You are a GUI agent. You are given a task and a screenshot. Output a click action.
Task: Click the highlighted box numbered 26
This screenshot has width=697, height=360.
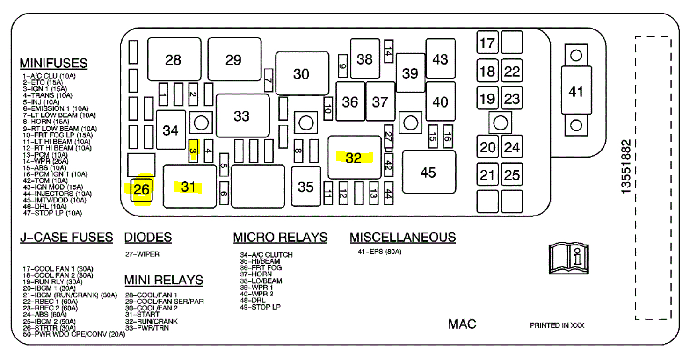[142, 191]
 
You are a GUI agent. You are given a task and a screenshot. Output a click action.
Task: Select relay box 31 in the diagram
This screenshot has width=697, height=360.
[189, 187]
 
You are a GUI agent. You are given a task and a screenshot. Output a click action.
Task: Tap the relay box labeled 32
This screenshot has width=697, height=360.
[354, 158]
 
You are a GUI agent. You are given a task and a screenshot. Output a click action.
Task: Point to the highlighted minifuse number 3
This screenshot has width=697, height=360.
[193, 150]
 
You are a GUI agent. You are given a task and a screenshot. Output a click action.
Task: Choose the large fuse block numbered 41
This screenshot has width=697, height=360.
[576, 91]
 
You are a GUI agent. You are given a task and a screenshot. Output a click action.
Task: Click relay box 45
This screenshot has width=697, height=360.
[428, 172]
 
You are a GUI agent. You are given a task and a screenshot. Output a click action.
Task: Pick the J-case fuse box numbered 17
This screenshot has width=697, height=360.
[487, 43]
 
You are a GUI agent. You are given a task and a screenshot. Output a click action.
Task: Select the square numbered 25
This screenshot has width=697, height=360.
[512, 175]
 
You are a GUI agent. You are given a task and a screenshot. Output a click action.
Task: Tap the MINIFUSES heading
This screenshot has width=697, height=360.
[53, 63]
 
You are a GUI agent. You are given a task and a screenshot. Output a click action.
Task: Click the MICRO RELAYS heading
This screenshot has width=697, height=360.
[280, 237]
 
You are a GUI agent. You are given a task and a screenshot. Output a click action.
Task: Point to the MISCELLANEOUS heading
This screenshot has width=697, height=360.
[403, 237]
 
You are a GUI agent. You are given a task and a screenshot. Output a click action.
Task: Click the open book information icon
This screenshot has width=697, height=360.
[568, 259]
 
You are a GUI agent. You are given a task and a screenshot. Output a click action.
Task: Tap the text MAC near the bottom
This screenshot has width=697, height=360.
[462, 324]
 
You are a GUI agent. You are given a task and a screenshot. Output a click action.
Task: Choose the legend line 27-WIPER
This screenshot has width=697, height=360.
[142, 254]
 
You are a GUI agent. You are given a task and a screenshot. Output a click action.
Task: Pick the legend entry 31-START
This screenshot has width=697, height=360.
[142, 315]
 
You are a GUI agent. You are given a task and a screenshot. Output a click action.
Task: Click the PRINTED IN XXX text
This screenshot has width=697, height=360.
[557, 325]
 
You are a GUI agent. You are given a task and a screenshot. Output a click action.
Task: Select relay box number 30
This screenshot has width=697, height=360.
[302, 74]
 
